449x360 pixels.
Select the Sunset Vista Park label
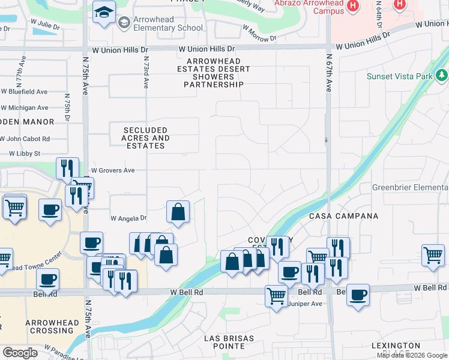click(x=400, y=76)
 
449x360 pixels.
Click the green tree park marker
click(x=442, y=75)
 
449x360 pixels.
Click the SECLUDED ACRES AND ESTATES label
click(x=145, y=138)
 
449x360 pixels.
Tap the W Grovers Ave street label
click(x=112, y=170)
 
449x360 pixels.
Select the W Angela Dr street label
click(x=128, y=218)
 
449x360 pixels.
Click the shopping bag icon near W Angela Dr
click(x=178, y=212)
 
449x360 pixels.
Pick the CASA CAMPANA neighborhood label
click(x=344, y=216)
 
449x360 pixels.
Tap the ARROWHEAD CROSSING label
click(x=53, y=327)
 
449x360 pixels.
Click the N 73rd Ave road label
click(x=146, y=73)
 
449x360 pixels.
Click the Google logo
click(x=20, y=353)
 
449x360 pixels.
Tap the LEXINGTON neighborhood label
click(x=396, y=346)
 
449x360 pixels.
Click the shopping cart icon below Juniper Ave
click(x=276, y=295)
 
